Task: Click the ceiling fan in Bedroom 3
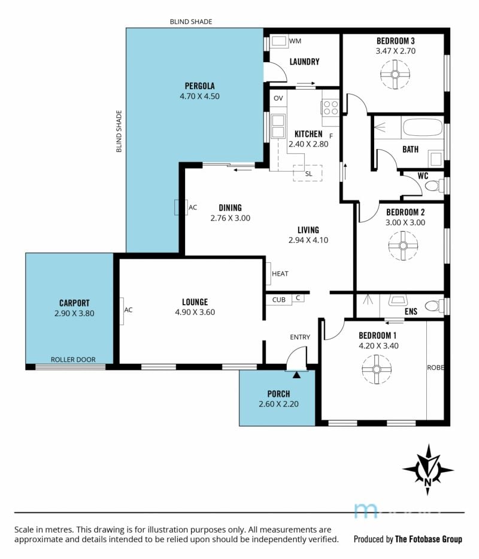395,74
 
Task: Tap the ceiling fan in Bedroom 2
403,245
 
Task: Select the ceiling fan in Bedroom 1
377,369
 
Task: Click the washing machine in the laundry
278,41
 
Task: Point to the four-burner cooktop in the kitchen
331,108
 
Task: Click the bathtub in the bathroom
423,127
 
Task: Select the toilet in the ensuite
433,305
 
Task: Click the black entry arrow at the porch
296,375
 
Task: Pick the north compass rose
428,469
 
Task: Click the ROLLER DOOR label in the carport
73,360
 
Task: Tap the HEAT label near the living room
280,274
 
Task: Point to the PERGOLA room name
200,86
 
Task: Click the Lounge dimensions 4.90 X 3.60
195,312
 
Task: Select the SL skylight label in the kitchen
308,174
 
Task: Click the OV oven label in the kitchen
278,98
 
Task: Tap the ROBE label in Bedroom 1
435,367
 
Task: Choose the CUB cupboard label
278,300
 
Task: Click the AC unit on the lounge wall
122,311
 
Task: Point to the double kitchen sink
278,126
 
